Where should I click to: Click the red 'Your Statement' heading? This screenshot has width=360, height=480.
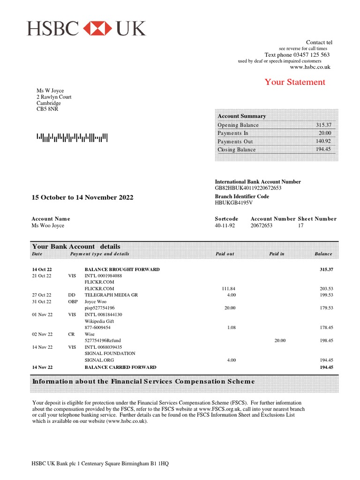point(294,82)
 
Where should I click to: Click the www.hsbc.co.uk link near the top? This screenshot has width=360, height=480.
point(310,67)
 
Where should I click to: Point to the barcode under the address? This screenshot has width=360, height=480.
point(72,137)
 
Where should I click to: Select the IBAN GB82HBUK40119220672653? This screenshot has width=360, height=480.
point(248,188)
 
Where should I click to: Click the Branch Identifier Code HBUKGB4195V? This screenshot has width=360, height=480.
point(233,203)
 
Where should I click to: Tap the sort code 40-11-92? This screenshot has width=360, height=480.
point(225,225)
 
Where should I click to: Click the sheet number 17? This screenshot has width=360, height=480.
point(301,225)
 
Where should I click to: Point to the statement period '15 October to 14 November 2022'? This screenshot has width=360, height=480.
point(82,197)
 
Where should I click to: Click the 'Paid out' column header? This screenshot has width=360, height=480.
point(225,254)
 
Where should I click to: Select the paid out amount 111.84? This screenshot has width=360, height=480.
point(229,289)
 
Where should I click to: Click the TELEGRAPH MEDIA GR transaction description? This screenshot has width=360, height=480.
point(111,295)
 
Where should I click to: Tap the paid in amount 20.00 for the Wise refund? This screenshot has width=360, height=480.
point(279,340)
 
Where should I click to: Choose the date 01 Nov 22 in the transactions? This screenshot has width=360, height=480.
point(42,315)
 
